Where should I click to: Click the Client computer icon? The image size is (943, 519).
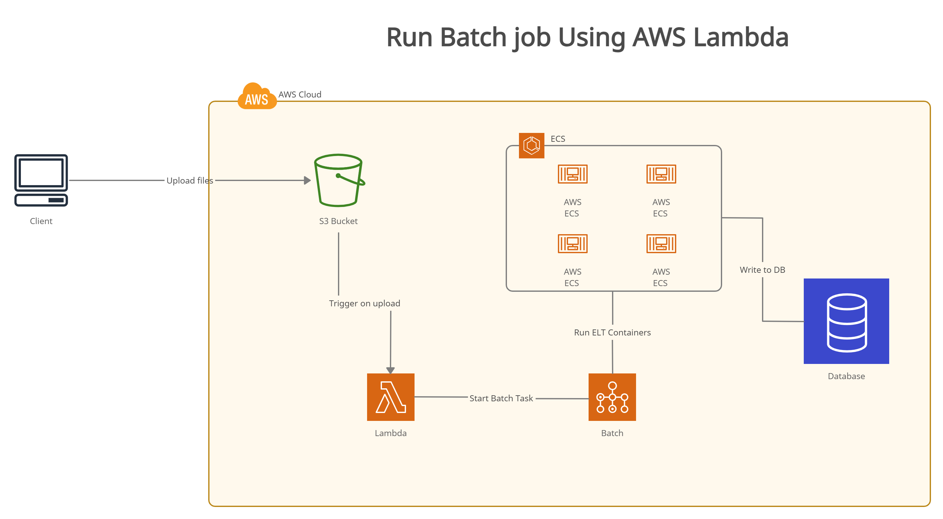click(x=41, y=180)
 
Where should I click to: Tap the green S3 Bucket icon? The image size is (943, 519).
click(x=339, y=180)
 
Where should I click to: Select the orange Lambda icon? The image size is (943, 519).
click(x=390, y=397)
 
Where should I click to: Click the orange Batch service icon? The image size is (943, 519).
click(x=612, y=397)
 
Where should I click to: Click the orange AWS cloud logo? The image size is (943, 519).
click(x=257, y=96)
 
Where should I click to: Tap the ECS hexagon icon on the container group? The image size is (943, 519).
click(x=532, y=146)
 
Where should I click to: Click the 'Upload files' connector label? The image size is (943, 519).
click(x=190, y=180)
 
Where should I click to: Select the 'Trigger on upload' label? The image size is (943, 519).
click(x=364, y=303)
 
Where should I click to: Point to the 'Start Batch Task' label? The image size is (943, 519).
click(x=501, y=398)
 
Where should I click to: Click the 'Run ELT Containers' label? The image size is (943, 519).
click(x=612, y=332)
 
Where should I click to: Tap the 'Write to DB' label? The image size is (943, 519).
click(x=762, y=270)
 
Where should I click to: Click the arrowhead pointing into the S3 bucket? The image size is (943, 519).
click(x=308, y=180)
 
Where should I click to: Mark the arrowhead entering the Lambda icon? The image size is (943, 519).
click(x=390, y=370)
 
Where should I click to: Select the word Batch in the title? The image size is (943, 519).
click(x=473, y=37)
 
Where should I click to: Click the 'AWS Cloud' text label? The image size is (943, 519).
click(x=300, y=94)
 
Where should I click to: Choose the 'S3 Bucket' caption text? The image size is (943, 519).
click(x=338, y=221)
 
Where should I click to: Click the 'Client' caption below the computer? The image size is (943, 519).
click(x=41, y=221)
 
